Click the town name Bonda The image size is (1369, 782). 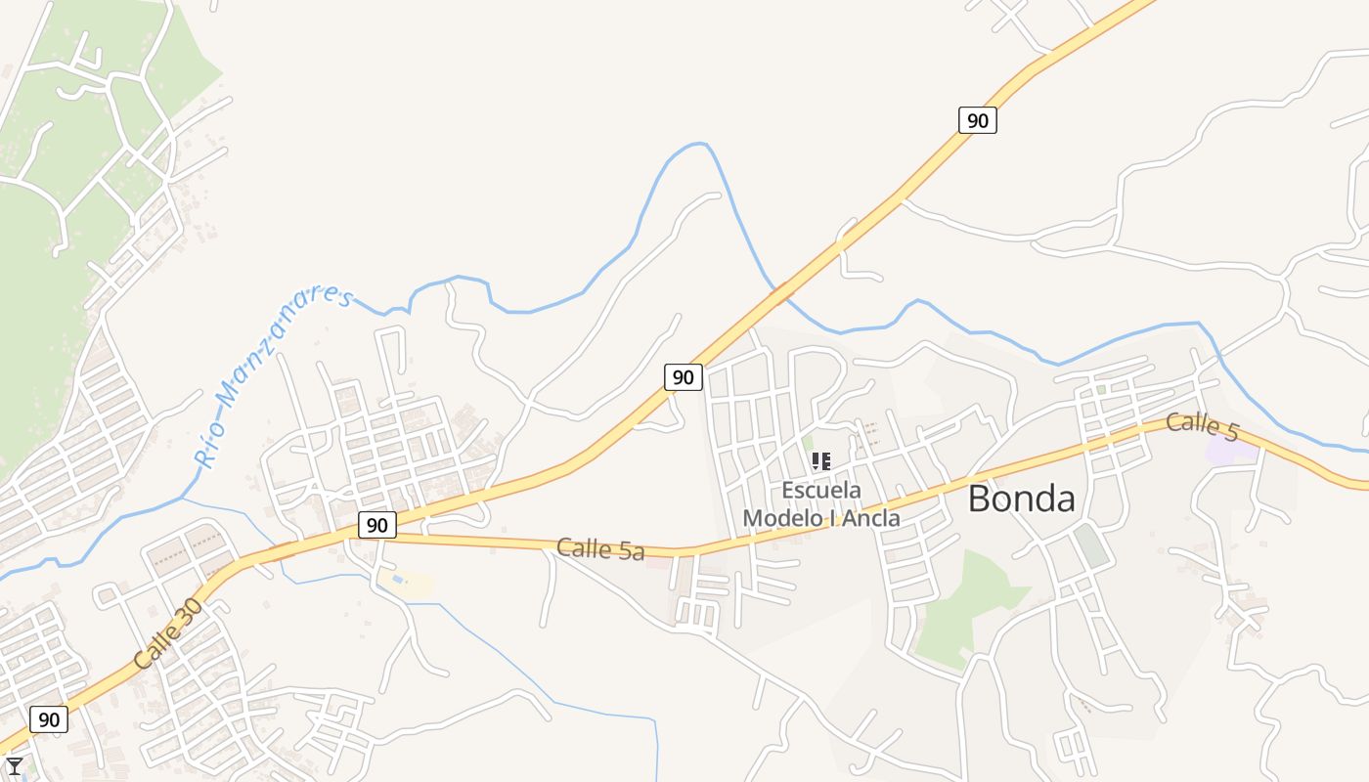pyautogui.click(x=1022, y=499)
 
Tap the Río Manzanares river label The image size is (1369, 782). pyautogui.click(x=273, y=376)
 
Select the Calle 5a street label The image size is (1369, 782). pyautogui.click(x=600, y=549)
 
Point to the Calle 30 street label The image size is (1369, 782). pyautogui.click(x=168, y=633)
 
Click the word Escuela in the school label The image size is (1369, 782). pyautogui.click(x=821, y=490)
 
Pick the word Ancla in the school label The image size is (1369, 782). pyautogui.click(x=870, y=518)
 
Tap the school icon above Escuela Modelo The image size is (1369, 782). pyautogui.click(x=821, y=460)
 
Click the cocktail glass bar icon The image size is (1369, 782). pyautogui.click(x=14, y=766)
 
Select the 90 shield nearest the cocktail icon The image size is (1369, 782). pyautogui.click(x=49, y=720)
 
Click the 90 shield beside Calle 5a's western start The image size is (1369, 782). pyautogui.click(x=376, y=525)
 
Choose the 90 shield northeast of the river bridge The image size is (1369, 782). pyautogui.click(x=977, y=120)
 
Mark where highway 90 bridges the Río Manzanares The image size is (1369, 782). pyautogui.click(x=780, y=289)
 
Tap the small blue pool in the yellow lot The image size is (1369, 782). pyautogui.click(x=396, y=580)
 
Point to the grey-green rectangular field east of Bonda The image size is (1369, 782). pyautogui.click(x=1090, y=545)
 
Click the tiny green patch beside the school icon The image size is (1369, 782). pyautogui.click(x=808, y=444)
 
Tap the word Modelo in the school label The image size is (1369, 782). pyautogui.click(x=779, y=518)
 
